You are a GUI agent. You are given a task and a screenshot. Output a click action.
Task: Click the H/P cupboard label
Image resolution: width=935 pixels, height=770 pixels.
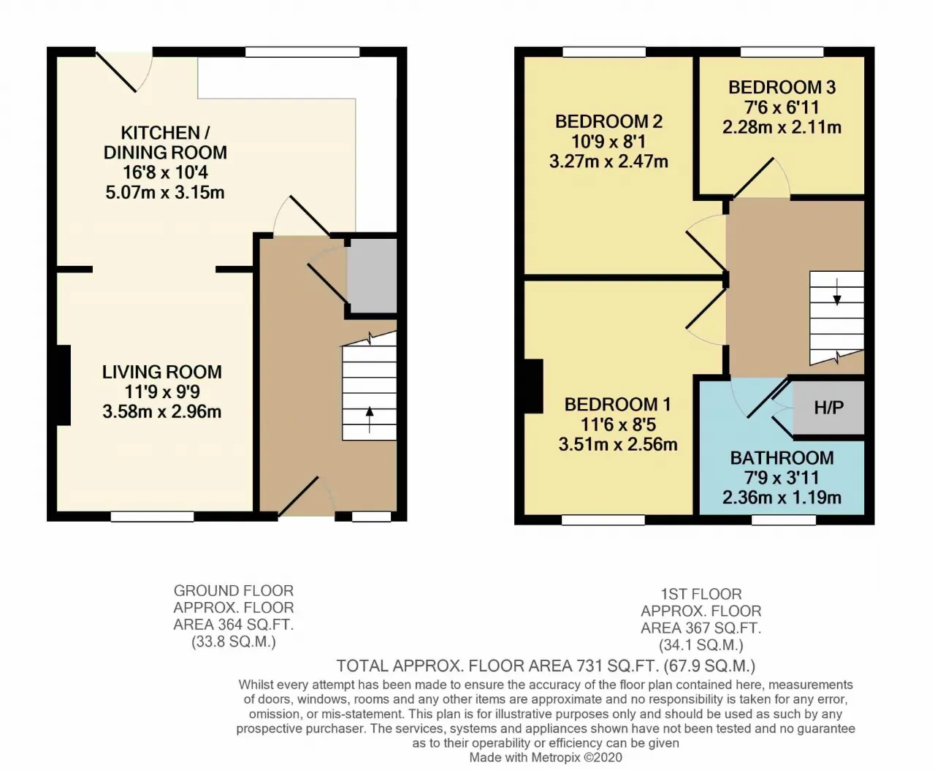(828, 408)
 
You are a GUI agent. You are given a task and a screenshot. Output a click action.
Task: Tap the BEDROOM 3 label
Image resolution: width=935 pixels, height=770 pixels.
(782, 87)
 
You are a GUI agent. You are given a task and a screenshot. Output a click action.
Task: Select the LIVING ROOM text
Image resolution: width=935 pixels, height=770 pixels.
(161, 372)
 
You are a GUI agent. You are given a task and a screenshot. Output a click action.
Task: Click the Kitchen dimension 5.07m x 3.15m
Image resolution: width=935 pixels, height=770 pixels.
(165, 193)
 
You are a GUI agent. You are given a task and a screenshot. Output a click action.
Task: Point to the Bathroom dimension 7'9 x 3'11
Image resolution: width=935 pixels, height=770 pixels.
(782, 478)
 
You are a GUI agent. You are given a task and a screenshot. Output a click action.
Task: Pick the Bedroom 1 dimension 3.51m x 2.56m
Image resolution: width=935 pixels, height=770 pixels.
(618, 444)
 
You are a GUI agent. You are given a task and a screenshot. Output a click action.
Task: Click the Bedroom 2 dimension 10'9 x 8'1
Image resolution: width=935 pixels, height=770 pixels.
(608, 142)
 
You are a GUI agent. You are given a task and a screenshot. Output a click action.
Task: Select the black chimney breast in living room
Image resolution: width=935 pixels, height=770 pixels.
(64, 384)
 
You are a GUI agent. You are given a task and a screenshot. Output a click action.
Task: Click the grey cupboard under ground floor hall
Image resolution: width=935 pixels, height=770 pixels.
(372, 275)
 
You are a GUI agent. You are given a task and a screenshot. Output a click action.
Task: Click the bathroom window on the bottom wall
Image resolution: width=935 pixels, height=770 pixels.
(783, 519)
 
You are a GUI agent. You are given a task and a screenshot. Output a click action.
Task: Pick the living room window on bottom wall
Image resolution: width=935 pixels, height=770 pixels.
(152, 516)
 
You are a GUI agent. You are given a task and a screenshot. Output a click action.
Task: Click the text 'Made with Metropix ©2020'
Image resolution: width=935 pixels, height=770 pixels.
(546, 758)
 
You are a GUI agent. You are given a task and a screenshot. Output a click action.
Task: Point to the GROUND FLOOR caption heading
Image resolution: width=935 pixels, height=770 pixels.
(233, 590)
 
